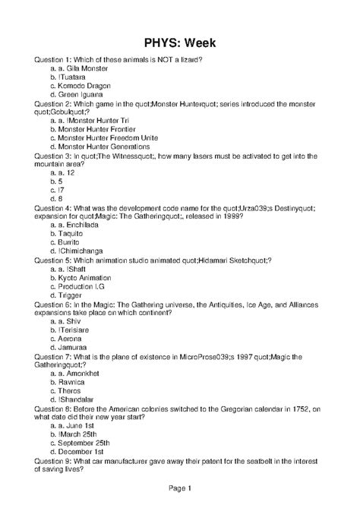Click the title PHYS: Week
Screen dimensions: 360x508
[x=179, y=42]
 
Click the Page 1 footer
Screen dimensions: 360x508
[x=179, y=487]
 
